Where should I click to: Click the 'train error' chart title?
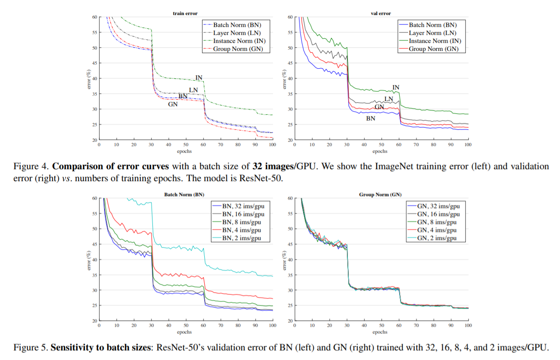pyautogui.click(x=185, y=14)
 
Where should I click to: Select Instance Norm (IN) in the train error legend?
pyautogui.click(x=239, y=41)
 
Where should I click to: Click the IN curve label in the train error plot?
pyautogui.click(x=199, y=78)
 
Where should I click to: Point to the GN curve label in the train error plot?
pyautogui.click(x=173, y=105)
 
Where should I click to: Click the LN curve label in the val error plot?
pyautogui.click(x=389, y=99)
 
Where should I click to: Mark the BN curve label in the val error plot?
pyautogui.click(x=370, y=119)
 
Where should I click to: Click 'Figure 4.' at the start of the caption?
pyautogui.click(x=31, y=166)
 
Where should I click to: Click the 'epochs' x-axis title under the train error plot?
pyautogui.click(x=185, y=151)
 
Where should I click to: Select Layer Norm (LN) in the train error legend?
pyautogui.click(x=237, y=33)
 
